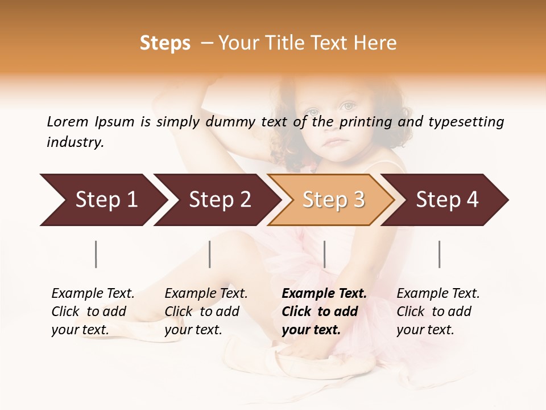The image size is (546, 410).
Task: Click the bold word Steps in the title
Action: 165,43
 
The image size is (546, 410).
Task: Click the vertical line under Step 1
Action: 96,254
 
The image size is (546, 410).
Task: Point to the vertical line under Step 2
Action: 210,254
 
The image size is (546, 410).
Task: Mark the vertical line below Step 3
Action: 324,254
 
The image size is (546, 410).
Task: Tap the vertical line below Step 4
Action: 439,254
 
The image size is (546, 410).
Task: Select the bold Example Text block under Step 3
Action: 324,311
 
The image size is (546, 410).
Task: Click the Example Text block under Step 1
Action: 93,311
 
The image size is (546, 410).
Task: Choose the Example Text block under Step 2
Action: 206,311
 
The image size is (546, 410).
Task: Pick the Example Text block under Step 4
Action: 438,311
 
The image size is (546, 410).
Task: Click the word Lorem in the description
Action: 68,122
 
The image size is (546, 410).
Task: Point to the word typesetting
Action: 466,122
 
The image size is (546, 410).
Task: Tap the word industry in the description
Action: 75,142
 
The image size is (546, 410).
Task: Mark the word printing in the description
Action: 365,122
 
